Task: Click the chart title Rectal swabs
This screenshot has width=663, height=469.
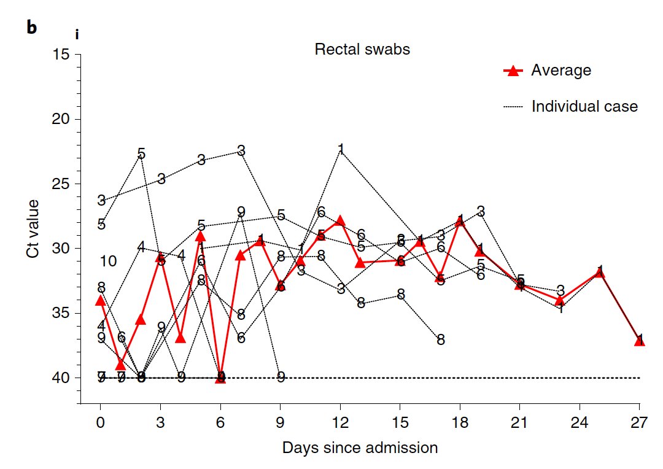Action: point(362,50)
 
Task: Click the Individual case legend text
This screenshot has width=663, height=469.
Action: point(584,106)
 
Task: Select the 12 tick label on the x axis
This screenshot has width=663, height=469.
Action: point(340,424)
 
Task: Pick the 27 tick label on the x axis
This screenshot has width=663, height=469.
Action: point(639,424)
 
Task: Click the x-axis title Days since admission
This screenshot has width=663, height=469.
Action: point(360,448)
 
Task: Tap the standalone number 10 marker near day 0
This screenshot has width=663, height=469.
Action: point(108,262)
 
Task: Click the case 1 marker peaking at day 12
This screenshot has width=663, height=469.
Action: point(341,149)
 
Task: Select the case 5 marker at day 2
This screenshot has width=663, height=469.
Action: point(141,154)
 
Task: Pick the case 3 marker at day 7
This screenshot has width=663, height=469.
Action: point(241,150)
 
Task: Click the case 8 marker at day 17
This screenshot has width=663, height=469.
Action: point(441,339)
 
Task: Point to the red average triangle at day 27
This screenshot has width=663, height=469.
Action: point(639,340)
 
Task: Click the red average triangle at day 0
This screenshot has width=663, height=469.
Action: point(101,300)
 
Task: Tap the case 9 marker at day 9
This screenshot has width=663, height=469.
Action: point(281,377)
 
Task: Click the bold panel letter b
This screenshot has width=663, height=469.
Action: point(32,28)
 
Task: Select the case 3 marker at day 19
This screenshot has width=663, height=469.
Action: point(481,211)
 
